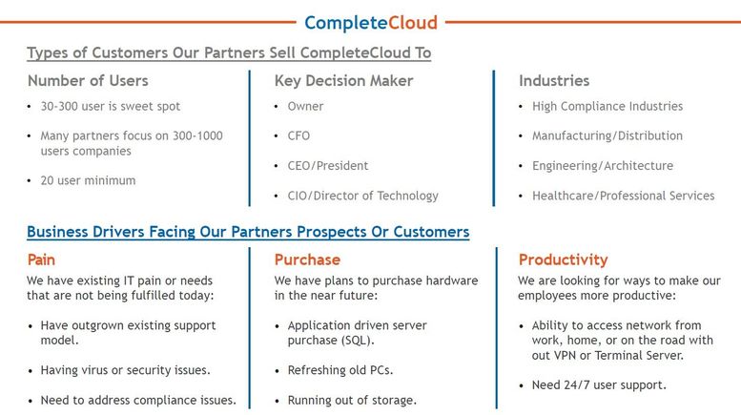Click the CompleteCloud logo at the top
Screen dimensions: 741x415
click(371, 23)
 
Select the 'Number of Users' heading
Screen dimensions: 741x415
click(88, 81)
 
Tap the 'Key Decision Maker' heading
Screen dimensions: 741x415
click(343, 81)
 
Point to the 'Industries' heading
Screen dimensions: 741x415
click(554, 81)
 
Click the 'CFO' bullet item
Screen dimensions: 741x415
click(298, 136)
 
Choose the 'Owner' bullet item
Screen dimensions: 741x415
click(305, 106)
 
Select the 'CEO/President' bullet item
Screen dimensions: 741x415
click(328, 166)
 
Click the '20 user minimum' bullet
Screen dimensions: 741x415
click(88, 180)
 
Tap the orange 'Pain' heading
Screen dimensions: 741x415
click(41, 259)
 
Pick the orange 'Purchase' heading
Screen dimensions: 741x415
click(307, 259)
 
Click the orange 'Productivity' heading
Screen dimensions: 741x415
click(563, 259)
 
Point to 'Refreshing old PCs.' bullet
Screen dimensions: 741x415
click(340, 370)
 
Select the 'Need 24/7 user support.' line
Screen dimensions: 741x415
click(599, 385)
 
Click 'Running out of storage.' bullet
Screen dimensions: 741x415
click(352, 401)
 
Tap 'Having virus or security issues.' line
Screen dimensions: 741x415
click(125, 370)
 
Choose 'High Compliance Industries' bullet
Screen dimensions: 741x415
click(607, 106)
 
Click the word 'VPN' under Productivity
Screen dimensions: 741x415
click(565, 356)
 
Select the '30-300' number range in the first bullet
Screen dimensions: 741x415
click(59, 106)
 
